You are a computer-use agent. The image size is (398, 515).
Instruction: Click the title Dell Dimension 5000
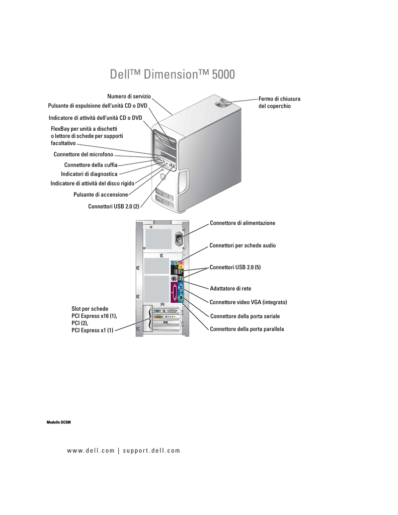point(172,74)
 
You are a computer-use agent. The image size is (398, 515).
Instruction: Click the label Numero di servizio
point(129,96)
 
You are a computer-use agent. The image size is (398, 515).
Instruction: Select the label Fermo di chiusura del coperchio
point(279,103)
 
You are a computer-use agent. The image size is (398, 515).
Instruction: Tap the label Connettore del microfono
point(84,154)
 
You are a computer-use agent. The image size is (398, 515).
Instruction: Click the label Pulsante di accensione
point(101,194)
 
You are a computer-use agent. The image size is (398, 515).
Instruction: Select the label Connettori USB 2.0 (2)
point(113,206)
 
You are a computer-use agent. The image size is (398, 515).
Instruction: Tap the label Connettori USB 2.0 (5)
point(235,268)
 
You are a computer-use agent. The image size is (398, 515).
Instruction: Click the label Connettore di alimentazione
point(243,223)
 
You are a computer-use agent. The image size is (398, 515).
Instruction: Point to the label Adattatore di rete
point(230,289)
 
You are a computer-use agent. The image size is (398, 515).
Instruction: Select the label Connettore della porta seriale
point(245,316)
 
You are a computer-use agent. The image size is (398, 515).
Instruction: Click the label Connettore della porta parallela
point(247,329)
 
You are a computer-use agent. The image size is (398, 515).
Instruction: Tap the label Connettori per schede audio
point(243,245)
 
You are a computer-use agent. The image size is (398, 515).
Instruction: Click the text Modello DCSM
point(59,421)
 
